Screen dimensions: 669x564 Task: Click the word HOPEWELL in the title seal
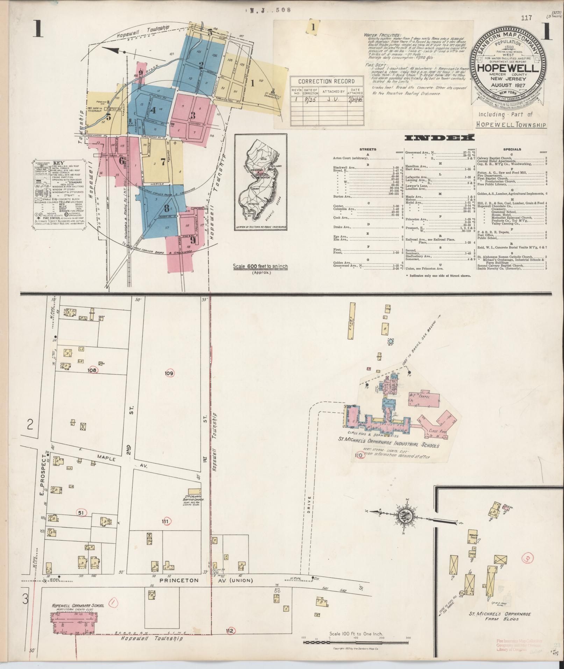pos(508,68)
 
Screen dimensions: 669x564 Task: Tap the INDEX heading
pos(439,138)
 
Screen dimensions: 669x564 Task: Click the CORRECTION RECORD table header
pos(321,81)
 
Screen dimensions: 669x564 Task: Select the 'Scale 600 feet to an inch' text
pos(260,266)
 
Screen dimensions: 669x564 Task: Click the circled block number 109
pos(169,373)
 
